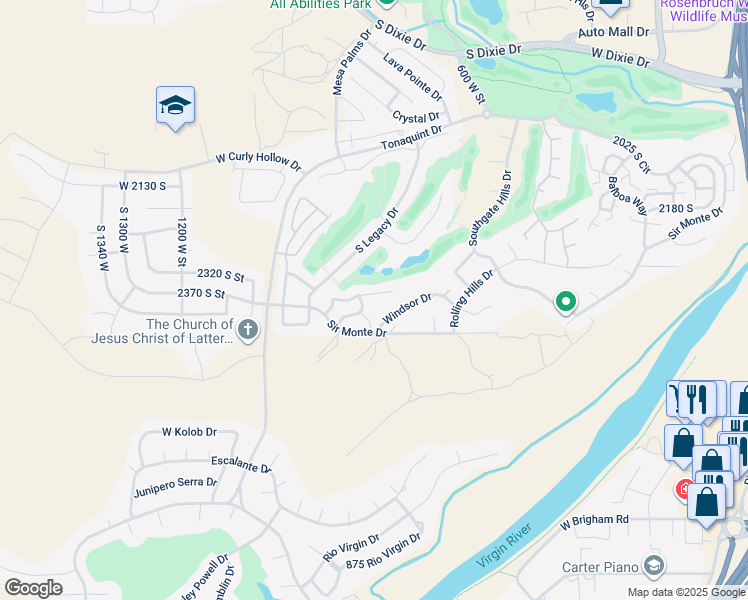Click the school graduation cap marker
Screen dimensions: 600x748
(x=175, y=106)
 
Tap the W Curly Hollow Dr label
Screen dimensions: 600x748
(x=258, y=160)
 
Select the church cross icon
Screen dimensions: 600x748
(x=248, y=328)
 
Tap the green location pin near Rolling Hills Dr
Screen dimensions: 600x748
(x=565, y=301)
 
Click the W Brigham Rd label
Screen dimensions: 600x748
(x=594, y=520)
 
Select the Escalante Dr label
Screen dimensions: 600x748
(x=241, y=465)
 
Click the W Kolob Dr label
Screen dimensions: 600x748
(x=189, y=432)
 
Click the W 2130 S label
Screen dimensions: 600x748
(x=141, y=186)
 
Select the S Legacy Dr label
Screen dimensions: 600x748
(x=377, y=230)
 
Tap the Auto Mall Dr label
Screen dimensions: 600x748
(x=613, y=32)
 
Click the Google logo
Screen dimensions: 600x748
(x=33, y=588)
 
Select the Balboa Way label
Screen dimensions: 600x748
(x=626, y=196)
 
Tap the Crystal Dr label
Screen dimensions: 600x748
(x=416, y=118)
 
